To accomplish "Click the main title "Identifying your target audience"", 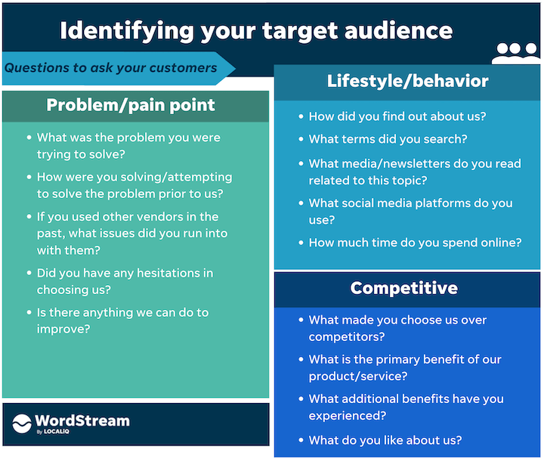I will pos(256,30).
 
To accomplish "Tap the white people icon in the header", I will pos(516,53).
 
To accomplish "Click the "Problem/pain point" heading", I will pos(131,104).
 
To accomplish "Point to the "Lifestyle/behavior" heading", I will pos(407,81).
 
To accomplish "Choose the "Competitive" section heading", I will pos(403,288).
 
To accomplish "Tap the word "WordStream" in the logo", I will pos(82,420).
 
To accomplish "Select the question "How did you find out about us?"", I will pos(397,116).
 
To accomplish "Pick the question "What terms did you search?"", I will pos(388,139).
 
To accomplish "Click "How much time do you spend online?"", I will pos(415,243).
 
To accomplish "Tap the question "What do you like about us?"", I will pos(385,440).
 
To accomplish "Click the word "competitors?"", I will pos(347,336).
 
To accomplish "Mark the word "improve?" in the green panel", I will pos(63,329).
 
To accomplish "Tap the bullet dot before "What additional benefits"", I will pos(300,399).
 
